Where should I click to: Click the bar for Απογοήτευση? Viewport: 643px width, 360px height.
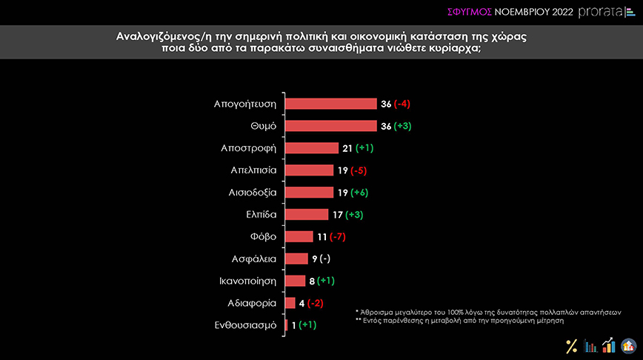click(x=330, y=104)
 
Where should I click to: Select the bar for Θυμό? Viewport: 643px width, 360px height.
click(x=330, y=126)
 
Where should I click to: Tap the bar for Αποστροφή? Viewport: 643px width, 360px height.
click(x=312, y=148)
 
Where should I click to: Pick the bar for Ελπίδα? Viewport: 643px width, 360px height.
click(x=307, y=215)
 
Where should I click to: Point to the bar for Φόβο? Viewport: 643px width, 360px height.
click(x=299, y=237)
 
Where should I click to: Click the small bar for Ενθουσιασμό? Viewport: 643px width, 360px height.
click(x=286, y=325)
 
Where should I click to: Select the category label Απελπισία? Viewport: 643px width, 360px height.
click(x=254, y=170)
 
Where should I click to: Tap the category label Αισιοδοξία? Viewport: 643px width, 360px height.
click(x=253, y=193)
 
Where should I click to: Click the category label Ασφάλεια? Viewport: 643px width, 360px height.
click(x=255, y=259)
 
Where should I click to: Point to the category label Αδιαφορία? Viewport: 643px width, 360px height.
click(x=253, y=303)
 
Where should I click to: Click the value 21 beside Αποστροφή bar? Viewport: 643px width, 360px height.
click(x=346, y=148)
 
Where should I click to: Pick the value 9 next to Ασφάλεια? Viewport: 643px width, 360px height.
click(x=313, y=259)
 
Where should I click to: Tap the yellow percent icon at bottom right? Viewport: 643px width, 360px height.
click(x=571, y=346)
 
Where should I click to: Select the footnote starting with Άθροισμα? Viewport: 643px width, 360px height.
click(x=487, y=312)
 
